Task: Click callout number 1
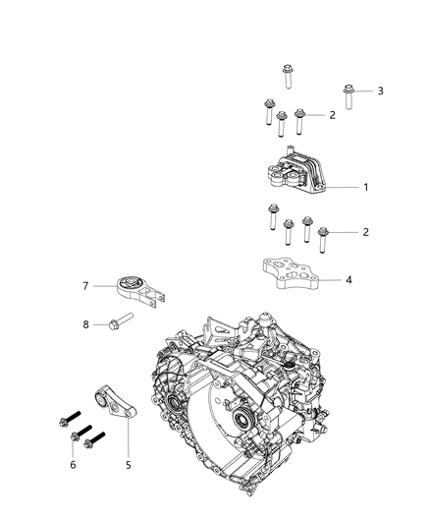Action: click(x=339, y=186)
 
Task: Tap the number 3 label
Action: click(x=380, y=91)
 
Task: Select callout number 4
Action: click(x=348, y=279)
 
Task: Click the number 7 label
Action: click(x=86, y=286)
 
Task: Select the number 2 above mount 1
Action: click(x=332, y=115)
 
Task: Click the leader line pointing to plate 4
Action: click(x=332, y=279)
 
